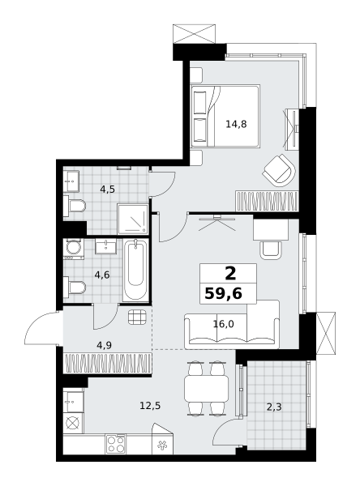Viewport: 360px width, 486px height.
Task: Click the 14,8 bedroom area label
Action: (236, 124)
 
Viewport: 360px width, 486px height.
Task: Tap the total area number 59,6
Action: (224, 293)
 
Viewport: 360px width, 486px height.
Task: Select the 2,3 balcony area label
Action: (274, 407)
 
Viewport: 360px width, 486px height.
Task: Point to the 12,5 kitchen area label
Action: (150, 405)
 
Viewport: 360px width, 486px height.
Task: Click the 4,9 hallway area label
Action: (104, 345)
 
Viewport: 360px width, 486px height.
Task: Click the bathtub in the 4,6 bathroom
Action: (135, 270)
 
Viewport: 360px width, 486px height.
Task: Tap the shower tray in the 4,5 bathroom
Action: (132, 219)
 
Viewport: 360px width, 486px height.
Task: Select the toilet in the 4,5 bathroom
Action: (75, 206)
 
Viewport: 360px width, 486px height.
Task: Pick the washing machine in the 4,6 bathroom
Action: (73, 249)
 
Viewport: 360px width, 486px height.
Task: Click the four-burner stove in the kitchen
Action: (116, 444)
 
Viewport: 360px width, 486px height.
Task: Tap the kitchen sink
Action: (73, 402)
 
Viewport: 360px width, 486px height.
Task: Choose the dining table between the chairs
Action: (207, 388)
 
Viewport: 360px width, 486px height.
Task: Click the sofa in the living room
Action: (232, 324)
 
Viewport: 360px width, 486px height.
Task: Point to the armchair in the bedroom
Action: (279, 170)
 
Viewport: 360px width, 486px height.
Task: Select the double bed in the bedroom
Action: (225, 116)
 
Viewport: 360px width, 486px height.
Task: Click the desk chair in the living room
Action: (271, 250)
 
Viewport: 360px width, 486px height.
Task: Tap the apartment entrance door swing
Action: (41, 328)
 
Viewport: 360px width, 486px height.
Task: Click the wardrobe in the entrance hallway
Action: (107, 363)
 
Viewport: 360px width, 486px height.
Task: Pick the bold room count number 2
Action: (230, 274)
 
